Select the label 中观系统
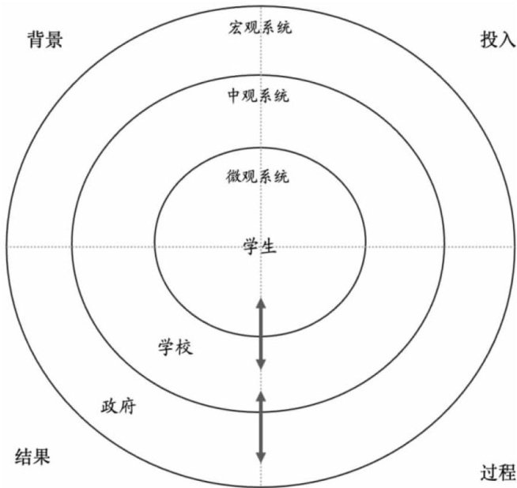click(258, 97)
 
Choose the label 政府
click(119, 407)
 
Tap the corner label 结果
click(33, 456)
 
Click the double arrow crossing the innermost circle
click(261, 333)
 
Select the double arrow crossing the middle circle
click(261, 427)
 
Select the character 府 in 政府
click(128, 407)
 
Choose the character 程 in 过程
click(507, 473)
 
